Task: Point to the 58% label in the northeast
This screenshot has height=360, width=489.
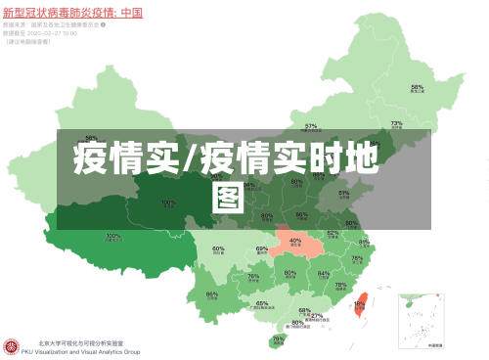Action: (417, 87)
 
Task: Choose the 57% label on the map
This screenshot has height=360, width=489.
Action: (311, 125)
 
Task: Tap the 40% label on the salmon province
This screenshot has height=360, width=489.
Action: (295, 240)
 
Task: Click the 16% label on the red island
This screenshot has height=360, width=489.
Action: (359, 303)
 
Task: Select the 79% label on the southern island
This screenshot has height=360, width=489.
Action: (279, 338)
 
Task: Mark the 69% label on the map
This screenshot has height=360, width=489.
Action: (262, 248)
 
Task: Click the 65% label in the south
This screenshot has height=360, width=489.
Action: (262, 303)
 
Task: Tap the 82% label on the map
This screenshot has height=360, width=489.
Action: (333, 233)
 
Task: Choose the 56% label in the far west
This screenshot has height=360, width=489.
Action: (91, 138)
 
